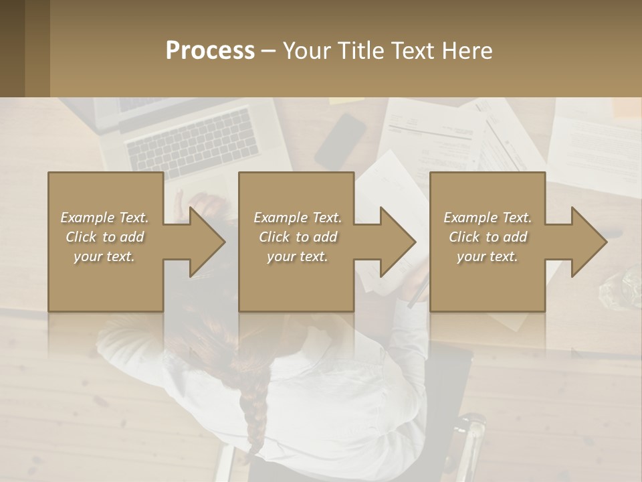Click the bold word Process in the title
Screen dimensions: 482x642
[210, 50]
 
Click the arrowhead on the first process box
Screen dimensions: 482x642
[204, 242]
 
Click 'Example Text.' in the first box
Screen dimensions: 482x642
[105, 218]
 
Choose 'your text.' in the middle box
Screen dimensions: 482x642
[298, 256]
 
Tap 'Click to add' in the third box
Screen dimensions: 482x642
[488, 237]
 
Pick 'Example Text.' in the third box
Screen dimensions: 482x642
[488, 218]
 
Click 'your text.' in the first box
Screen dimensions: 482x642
[105, 256]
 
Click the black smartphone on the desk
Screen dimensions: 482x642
[340, 141]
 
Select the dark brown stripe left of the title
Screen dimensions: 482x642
[12, 48]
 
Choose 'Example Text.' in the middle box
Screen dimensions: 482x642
[298, 218]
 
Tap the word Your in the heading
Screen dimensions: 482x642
[305, 50]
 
